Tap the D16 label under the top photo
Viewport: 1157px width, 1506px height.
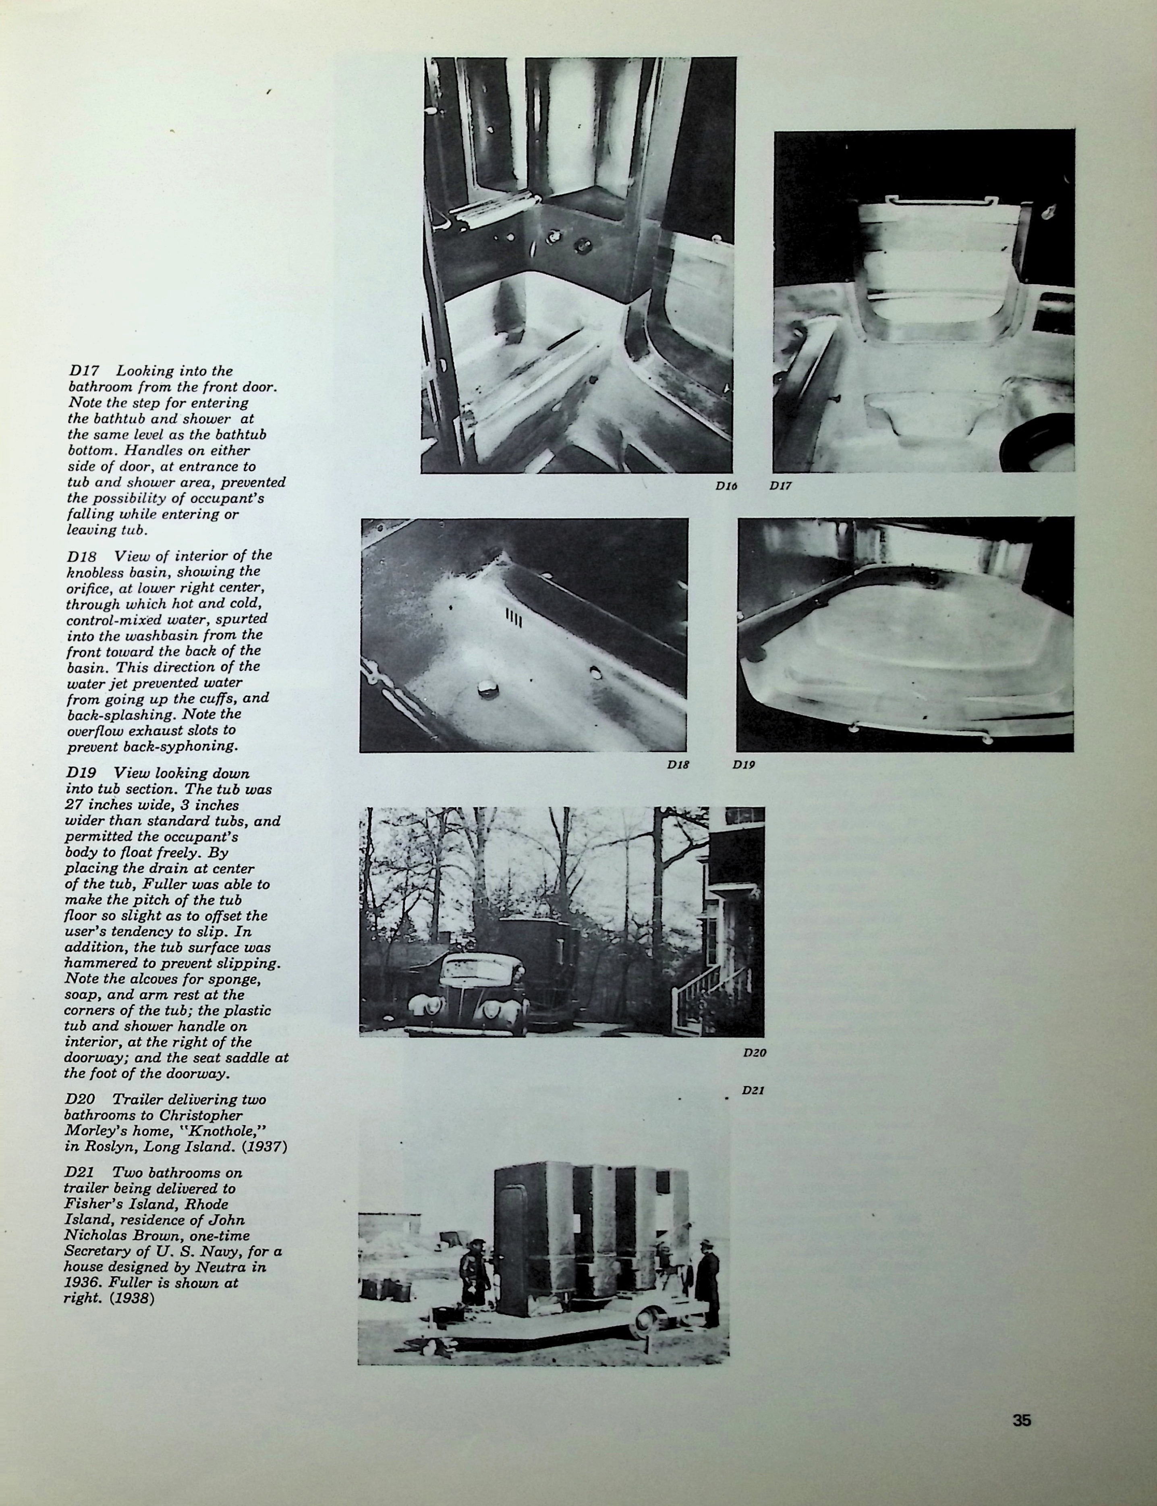726,486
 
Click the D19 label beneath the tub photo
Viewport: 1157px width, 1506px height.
743,764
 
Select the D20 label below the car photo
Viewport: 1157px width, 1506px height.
754,1052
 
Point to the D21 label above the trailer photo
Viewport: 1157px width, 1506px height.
753,1090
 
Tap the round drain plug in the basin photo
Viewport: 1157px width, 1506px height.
487,687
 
